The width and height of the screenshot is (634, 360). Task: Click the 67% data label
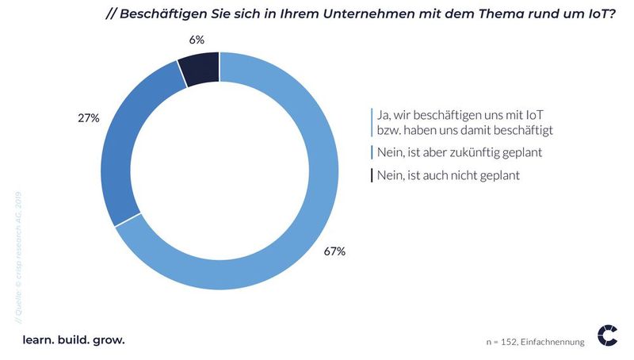(334, 251)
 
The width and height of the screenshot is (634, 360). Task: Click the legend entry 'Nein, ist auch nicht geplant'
(448, 175)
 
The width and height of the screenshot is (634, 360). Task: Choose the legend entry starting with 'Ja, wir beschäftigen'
(464, 121)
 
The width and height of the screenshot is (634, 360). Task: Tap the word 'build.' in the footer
(73, 339)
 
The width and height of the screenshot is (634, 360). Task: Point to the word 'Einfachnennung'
(555, 342)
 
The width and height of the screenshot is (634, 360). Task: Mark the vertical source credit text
(18, 254)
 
